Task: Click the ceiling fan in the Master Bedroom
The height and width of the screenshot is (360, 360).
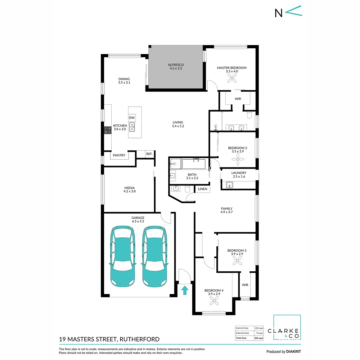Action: point(232,78)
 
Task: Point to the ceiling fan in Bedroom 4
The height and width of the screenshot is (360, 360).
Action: point(214,301)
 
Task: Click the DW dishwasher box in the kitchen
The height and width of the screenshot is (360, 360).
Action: point(132,118)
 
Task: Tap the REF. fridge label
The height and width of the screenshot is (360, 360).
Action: point(149,154)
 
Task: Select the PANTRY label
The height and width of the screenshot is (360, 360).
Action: point(119,155)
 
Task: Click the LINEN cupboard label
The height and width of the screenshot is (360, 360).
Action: point(203,189)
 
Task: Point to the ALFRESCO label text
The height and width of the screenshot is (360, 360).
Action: point(176,64)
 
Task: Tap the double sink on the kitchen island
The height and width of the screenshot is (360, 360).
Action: point(132,127)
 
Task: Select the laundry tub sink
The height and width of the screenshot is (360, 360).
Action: point(230,185)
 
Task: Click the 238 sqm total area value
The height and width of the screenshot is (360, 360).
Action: point(259,338)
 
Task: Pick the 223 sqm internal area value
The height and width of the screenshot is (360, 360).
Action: point(259,328)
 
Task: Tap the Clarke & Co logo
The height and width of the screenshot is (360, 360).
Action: point(287,328)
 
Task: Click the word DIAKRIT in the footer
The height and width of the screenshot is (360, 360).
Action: point(293,352)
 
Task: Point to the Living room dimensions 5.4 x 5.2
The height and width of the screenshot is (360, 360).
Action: point(178,126)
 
